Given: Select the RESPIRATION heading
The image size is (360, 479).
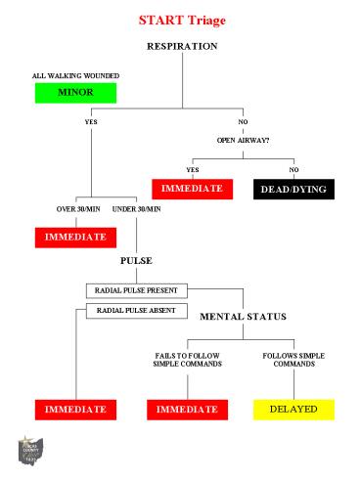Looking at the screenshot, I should pyautogui.click(x=182, y=47).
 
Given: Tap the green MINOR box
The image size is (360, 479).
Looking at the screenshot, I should pyautogui.click(x=75, y=93).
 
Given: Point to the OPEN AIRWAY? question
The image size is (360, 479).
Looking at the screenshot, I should pyautogui.click(x=244, y=140).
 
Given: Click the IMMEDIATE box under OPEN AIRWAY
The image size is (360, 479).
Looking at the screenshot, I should pyautogui.click(x=192, y=188).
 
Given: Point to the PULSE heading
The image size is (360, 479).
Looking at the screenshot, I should pyautogui.click(x=136, y=263).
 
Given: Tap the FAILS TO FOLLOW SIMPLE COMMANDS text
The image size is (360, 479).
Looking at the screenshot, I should pyautogui.click(x=189, y=359).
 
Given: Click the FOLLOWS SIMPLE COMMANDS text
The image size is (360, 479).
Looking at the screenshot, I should pyautogui.click(x=293, y=359).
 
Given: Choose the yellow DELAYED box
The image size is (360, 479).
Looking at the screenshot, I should pyautogui.click(x=293, y=409).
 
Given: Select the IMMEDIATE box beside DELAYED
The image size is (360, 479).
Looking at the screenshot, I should pyautogui.click(x=189, y=409).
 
